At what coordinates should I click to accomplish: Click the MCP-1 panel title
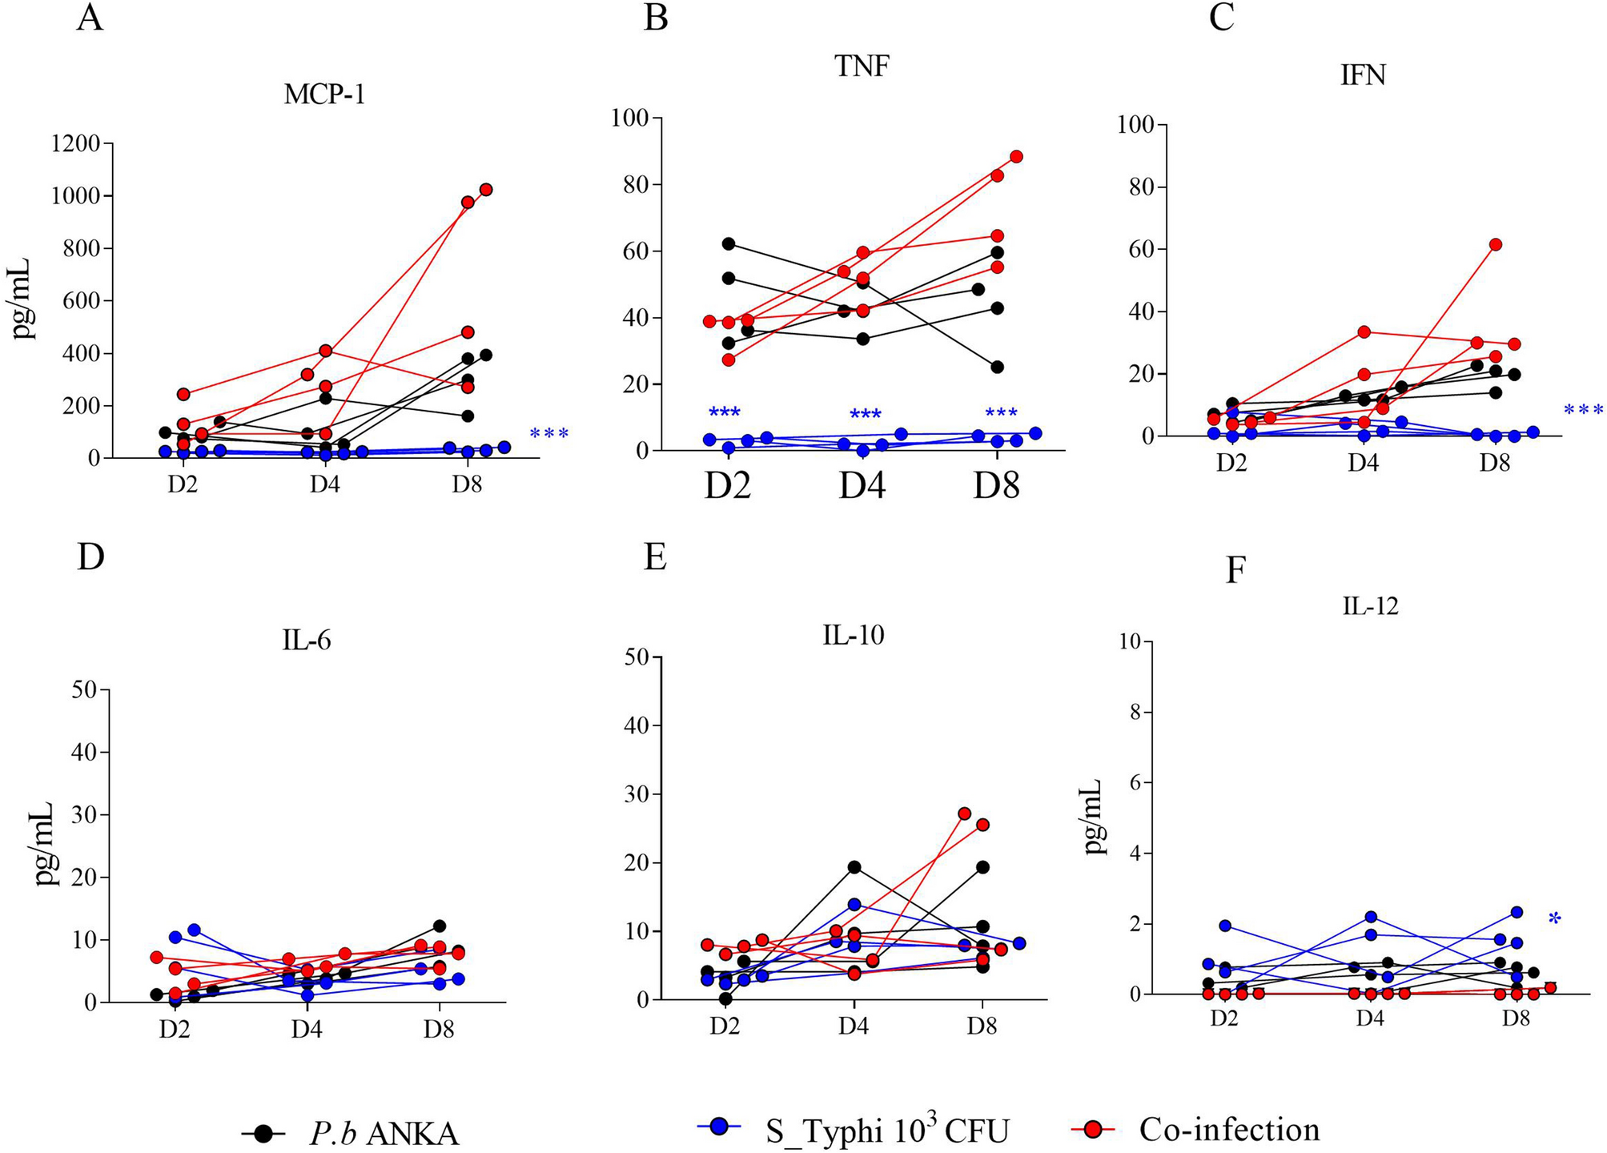click(x=324, y=95)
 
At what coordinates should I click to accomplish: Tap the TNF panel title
click(x=862, y=66)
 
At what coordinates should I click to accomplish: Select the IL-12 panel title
click(x=1370, y=606)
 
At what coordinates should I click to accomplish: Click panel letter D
click(x=90, y=556)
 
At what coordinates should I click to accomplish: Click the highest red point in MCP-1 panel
click(x=485, y=190)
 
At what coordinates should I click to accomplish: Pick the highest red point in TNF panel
click(x=1016, y=156)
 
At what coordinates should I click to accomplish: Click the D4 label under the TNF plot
click(x=862, y=485)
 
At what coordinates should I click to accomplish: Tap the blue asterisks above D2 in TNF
click(x=725, y=413)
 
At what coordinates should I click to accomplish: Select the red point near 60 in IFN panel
click(x=1495, y=244)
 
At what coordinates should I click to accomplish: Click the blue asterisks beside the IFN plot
click(x=1583, y=411)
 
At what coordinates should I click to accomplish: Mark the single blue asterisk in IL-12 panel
click(x=1554, y=918)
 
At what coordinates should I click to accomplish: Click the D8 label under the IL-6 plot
click(x=438, y=1029)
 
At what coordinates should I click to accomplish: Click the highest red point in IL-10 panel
click(x=964, y=814)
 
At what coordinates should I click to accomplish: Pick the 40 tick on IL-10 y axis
click(x=637, y=725)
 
